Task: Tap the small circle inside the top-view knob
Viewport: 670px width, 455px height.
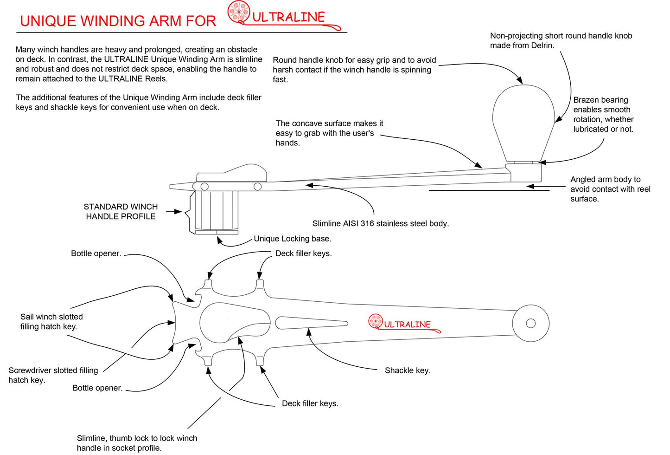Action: coord(531,323)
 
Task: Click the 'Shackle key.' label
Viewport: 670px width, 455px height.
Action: coord(408,370)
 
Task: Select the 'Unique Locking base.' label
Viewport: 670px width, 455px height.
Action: coord(292,239)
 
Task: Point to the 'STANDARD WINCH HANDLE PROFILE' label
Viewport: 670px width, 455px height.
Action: coord(121,211)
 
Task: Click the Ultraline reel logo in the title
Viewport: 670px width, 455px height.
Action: coord(239,12)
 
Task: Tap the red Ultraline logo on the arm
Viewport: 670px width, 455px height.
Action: coord(404,323)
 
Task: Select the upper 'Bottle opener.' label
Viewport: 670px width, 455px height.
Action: coord(96,253)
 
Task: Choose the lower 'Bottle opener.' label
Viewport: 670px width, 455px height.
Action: coord(97,388)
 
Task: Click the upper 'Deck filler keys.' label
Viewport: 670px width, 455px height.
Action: coord(303,253)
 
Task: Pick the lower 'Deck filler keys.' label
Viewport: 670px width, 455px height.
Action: coord(310,403)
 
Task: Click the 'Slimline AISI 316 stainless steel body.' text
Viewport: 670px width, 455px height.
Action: coord(380,223)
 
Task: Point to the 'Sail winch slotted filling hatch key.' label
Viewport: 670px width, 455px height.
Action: coord(51,321)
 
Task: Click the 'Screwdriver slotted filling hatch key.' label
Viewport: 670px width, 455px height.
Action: coord(53,375)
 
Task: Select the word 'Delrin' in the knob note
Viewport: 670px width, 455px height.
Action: coord(541,45)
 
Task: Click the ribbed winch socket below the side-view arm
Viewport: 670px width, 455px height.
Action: coord(216,210)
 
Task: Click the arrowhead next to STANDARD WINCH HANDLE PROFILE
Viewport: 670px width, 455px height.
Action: coord(179,212)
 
